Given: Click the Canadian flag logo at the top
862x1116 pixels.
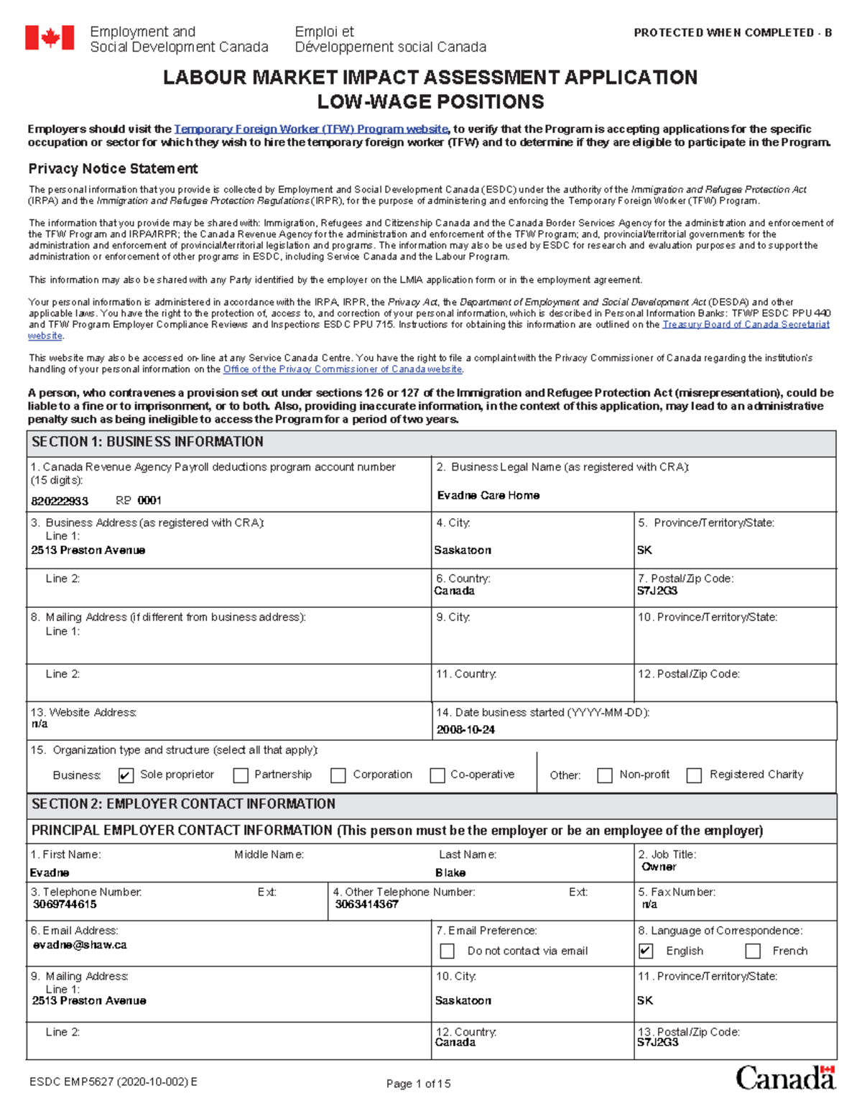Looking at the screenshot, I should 50,37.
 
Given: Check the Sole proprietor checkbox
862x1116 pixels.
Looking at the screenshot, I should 126,775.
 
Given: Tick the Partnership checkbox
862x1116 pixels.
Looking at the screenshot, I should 241,775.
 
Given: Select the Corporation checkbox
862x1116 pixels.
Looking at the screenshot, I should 338,775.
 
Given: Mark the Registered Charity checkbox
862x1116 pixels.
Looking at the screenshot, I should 694,775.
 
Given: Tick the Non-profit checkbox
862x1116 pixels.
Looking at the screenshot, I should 605,775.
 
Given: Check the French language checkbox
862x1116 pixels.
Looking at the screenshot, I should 753,951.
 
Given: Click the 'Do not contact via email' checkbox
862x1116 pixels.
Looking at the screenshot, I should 447,951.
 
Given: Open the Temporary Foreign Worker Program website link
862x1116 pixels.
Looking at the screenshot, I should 311,129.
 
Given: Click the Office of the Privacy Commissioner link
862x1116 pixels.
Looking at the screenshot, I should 343,369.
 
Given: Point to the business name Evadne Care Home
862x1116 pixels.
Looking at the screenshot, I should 488,495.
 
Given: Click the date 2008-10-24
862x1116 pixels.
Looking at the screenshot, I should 465,730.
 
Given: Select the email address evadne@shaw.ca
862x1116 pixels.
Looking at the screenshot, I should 80,945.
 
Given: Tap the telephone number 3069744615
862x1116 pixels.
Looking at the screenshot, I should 65,904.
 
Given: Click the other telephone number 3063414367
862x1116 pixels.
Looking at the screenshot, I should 366,904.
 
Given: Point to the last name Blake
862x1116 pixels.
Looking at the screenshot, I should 450,872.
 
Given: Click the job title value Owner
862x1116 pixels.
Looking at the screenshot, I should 659,867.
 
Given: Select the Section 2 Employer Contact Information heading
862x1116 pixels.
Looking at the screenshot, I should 183,804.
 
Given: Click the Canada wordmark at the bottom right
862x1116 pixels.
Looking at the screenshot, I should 785,1078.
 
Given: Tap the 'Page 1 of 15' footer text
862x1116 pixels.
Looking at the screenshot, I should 418,1084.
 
